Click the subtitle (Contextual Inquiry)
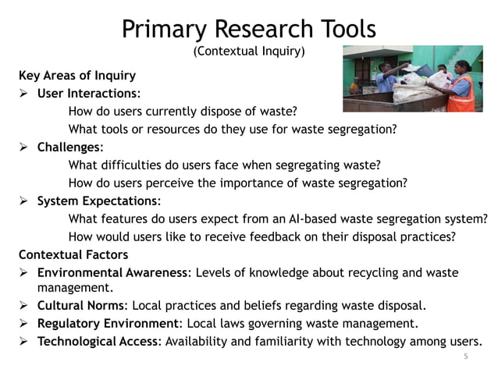[248, 52]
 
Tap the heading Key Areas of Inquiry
[77, 76]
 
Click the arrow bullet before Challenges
[24, 147]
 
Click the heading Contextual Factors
[74, 254]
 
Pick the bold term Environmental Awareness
[112, 272]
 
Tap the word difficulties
[133, 165]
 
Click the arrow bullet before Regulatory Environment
[24, 323]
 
